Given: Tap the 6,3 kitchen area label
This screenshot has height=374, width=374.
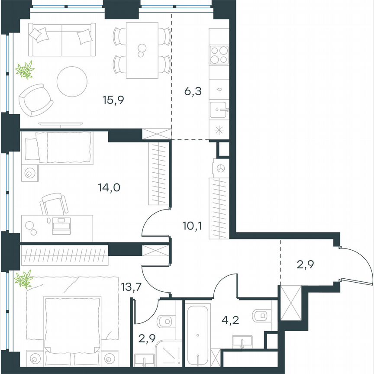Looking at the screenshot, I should (193, 92).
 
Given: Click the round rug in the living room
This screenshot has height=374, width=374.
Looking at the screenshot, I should (73, 81).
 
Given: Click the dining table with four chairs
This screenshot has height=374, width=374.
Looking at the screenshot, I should (142, 50).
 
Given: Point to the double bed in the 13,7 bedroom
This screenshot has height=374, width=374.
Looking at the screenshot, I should (73, 325).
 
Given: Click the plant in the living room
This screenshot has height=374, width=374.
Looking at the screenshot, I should (25, 70).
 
